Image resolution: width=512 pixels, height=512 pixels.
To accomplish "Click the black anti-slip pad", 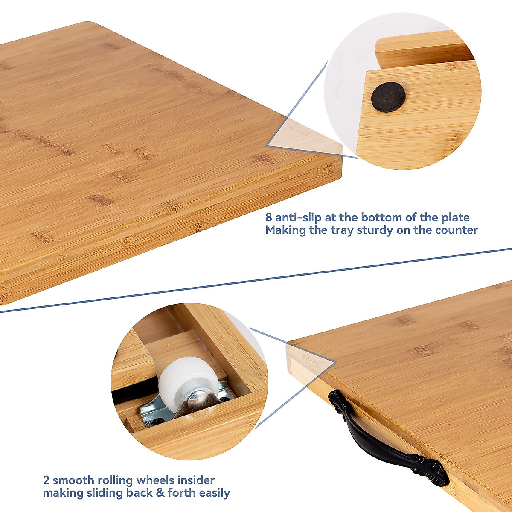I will click(x=388, y=97).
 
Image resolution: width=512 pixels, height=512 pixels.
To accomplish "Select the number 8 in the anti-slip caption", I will click(x=268, y=218).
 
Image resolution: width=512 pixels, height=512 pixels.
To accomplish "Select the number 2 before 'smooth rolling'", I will click(x=46, y=480).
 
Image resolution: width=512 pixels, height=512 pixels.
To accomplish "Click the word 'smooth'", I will click(x=71, y=480).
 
